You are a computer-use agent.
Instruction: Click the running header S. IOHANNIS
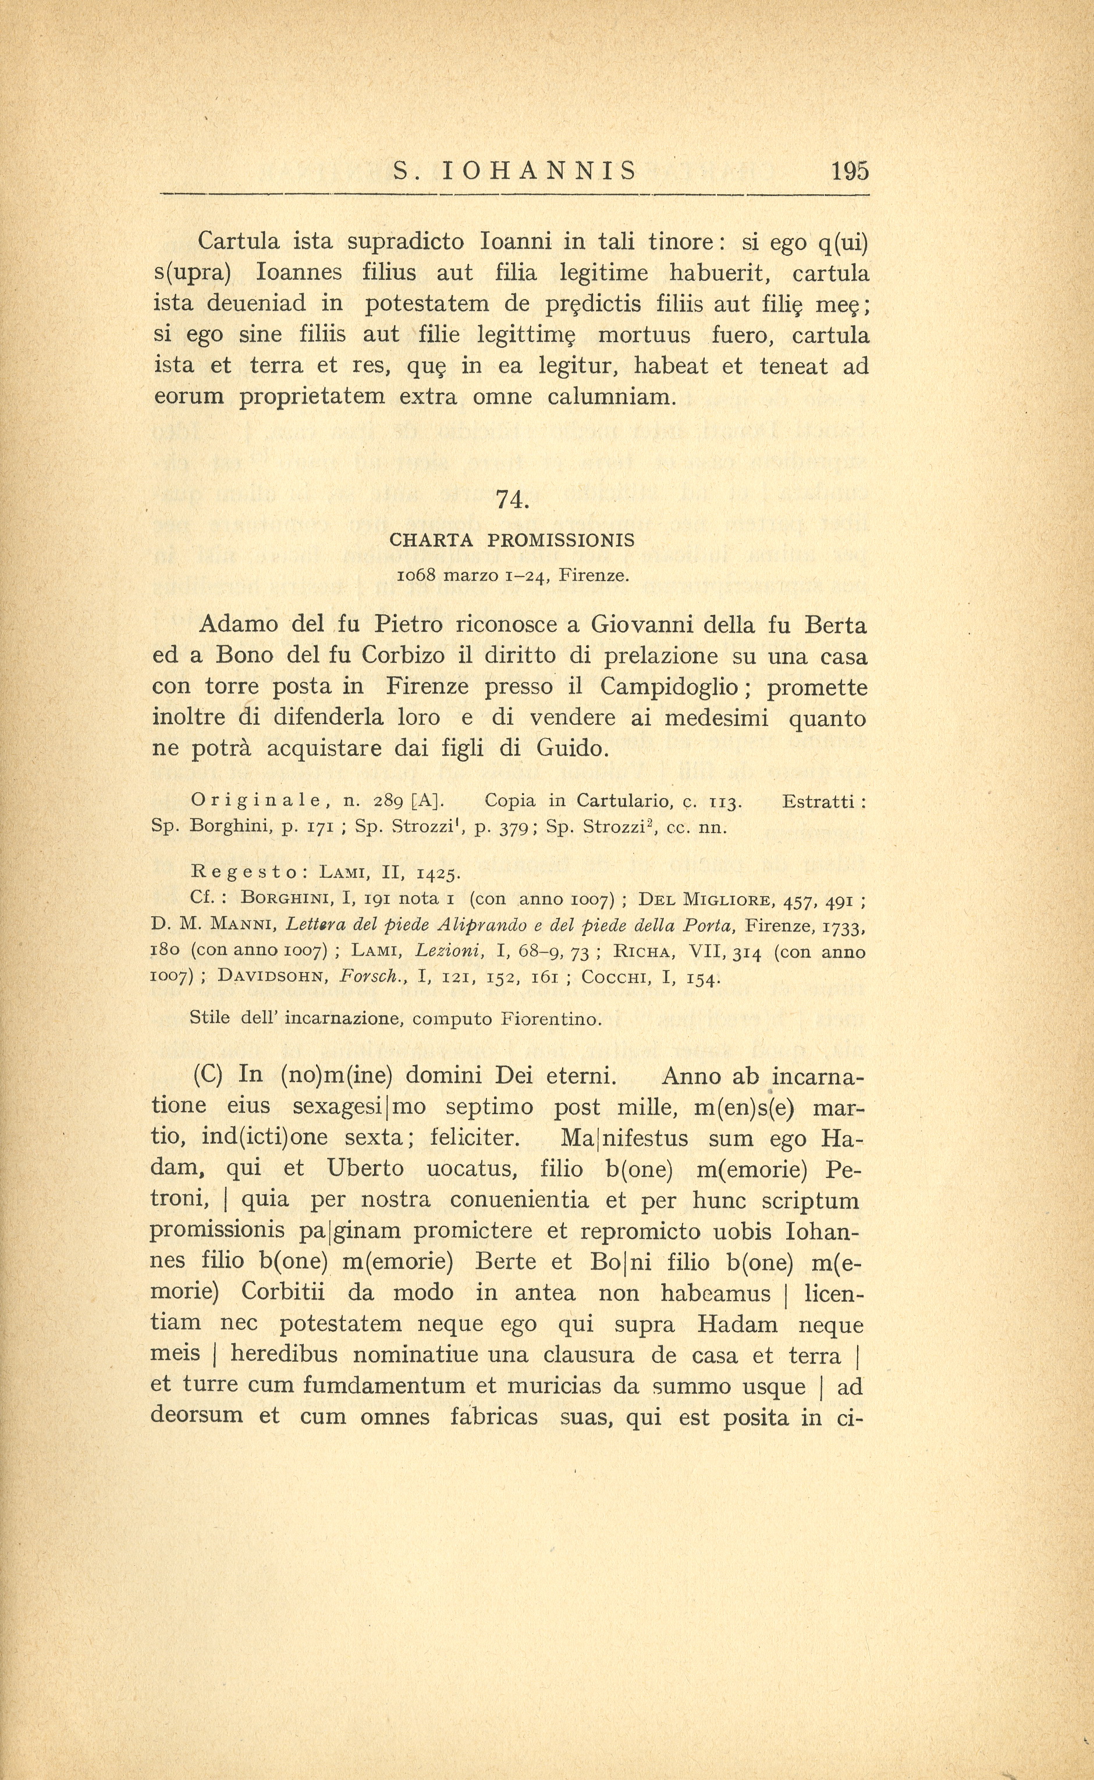[515, 172]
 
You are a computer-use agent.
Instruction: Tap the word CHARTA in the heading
[431, 540]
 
